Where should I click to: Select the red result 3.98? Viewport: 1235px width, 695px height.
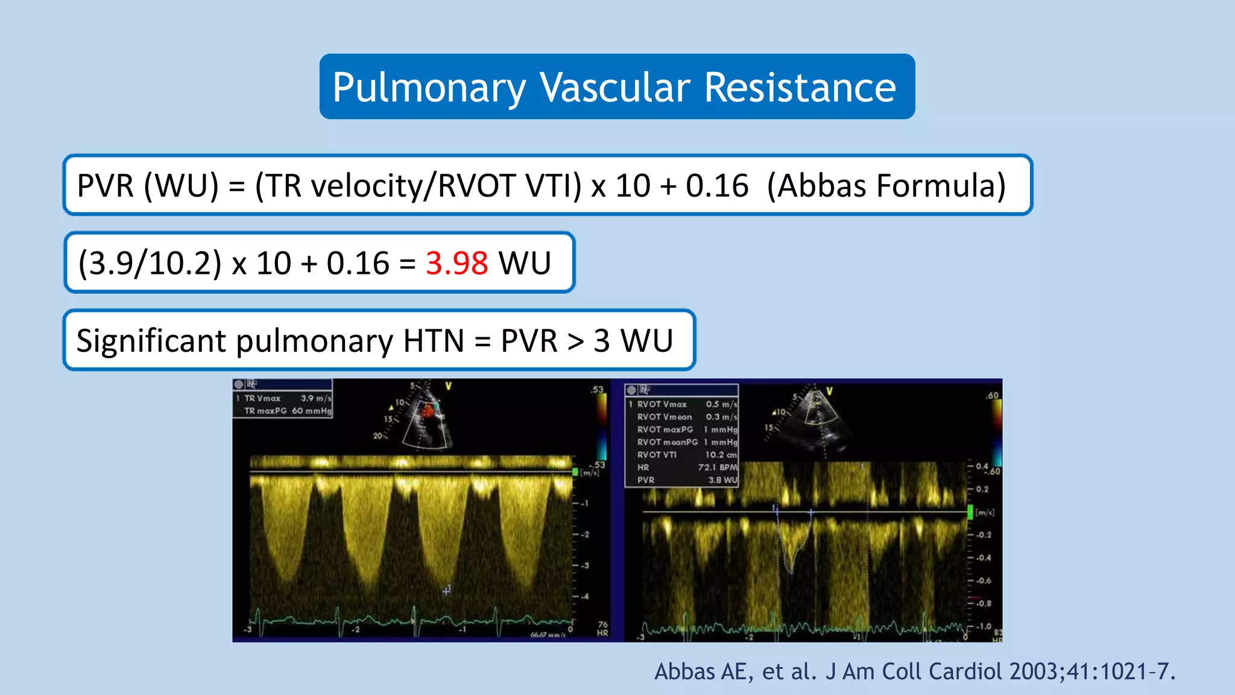pos(456,264)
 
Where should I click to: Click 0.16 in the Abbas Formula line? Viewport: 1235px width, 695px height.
pos(716,186)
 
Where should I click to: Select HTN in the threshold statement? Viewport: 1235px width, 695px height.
pos(434,341)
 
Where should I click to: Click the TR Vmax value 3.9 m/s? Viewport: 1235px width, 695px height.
pos(315,398)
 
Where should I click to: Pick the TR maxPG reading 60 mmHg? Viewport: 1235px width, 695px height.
pos(311,411)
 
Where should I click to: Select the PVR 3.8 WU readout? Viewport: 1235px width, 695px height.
pos(722,480)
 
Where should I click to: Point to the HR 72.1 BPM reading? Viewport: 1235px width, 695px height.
pos(718,468)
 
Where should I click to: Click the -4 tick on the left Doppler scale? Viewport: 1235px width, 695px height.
pos(584,597)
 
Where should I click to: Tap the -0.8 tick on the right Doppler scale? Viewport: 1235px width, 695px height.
pos(984,603)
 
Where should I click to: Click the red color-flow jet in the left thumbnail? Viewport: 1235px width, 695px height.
pos(428,411)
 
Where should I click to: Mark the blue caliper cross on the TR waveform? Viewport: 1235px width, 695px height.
pos(446,591)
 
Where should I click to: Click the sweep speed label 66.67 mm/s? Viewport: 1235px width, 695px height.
pos(548,635)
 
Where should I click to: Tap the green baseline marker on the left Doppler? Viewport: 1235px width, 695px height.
pos(575,472)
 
